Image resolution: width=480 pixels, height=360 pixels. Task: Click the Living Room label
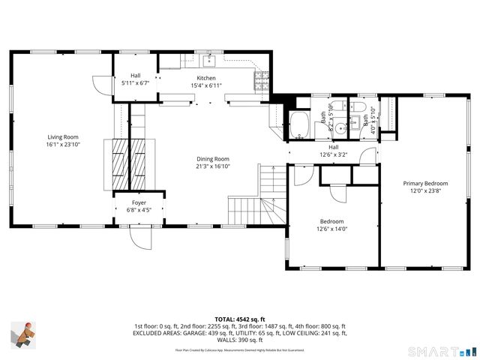point(64,137)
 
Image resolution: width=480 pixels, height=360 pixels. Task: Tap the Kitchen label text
point(206,78)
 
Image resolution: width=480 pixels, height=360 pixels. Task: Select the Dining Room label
point(213,159)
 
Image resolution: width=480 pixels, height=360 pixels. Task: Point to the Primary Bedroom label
point(425,183)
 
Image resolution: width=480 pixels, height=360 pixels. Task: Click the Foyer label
point(139,202)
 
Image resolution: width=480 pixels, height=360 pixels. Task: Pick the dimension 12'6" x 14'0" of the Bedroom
point(332,229)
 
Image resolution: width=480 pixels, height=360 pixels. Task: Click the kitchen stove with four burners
point(262,80)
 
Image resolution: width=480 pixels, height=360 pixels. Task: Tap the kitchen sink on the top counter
point(211,60)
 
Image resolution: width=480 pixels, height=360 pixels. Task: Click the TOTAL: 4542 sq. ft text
point(240,319)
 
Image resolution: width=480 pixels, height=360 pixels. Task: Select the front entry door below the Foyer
point(140,238)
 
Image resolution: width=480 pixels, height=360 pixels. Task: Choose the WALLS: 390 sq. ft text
point(240,340)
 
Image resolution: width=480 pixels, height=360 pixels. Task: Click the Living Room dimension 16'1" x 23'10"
point(64,145)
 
